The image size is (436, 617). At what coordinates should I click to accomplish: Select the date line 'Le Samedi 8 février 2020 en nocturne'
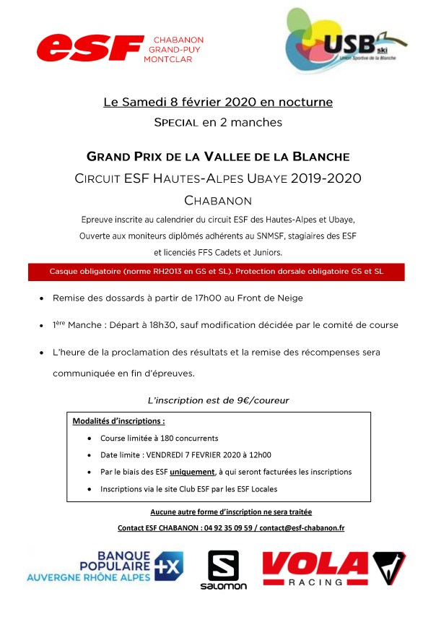(218, 103)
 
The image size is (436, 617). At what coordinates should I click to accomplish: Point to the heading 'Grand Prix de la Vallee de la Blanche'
(218, 156)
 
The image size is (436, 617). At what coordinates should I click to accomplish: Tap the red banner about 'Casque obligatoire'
(217, 272)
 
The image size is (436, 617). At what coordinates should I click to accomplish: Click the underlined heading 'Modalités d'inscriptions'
(118, 420)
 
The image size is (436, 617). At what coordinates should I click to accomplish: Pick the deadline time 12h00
(258, 454)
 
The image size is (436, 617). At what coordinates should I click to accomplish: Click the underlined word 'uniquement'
(192, 472)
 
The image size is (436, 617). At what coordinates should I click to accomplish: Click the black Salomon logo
(223, 570)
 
